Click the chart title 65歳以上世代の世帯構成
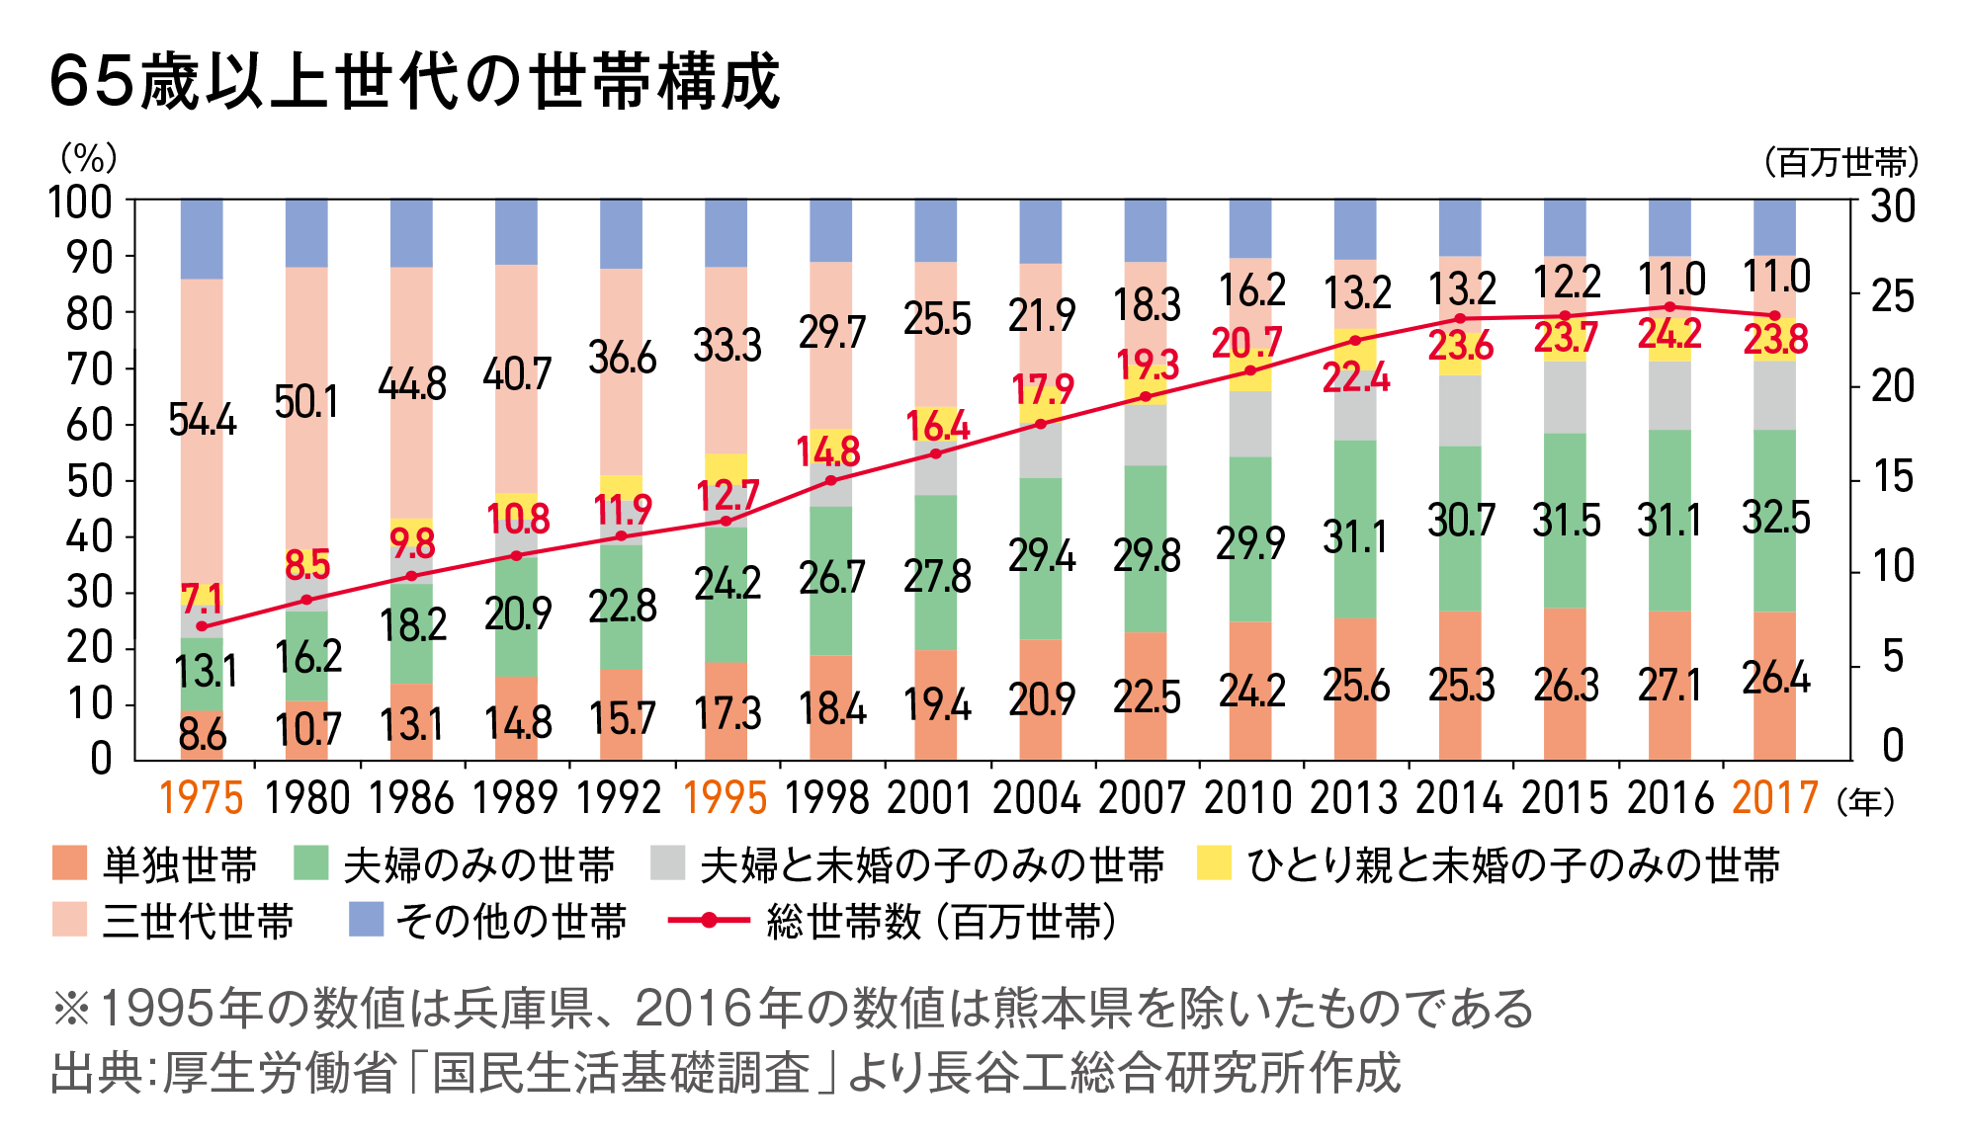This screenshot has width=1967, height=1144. coord(415,81)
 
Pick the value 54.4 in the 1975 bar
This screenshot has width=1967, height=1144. coord(202,420)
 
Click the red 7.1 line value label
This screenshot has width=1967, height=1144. coord(201,598)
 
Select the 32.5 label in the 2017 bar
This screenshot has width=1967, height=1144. coord(1775,518)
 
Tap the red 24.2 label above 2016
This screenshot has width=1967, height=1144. coord(1669,334)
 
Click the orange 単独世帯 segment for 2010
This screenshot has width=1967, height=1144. coord(1250,692)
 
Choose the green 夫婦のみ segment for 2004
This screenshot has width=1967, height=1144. coord(1041,558)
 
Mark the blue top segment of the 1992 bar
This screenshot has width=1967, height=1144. coord(621,233)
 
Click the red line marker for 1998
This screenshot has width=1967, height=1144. coord(830,480)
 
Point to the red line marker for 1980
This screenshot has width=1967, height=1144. coord(306,600)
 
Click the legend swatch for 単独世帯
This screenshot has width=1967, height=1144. coord(70,862)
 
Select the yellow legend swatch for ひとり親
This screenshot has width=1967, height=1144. coord(1214,862)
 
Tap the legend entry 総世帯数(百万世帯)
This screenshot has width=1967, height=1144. coord(939,922)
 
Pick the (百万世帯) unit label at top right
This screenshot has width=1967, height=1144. coord(1840,161)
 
